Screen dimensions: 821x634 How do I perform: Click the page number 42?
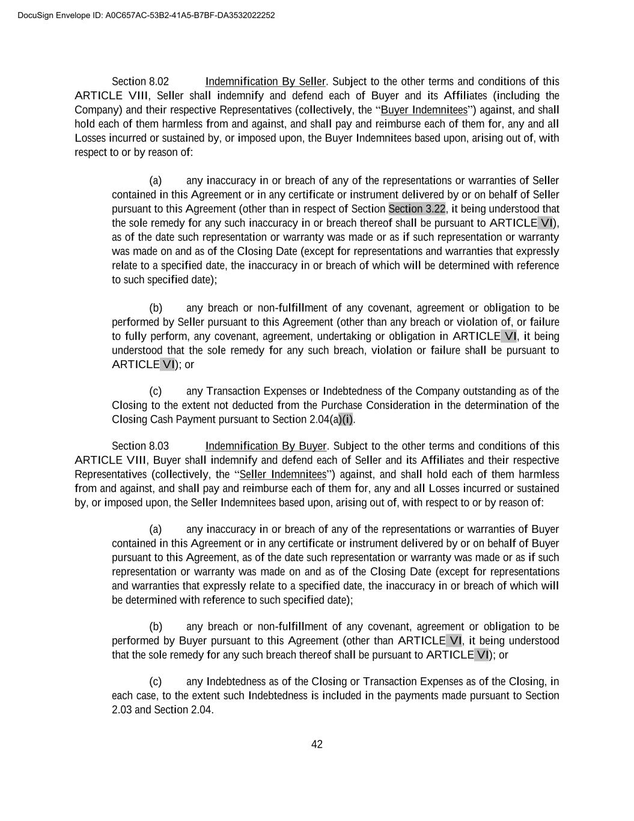(x=317, y=745)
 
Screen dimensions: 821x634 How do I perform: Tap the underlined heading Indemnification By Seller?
(x=266, y=82)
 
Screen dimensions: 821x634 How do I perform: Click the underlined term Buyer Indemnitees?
(x=424, y=110)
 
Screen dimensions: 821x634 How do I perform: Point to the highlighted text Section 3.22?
(x=417, y=209)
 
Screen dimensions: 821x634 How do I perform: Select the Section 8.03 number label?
(x=140, y=446)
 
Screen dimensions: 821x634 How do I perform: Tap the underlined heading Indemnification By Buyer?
(x=266, y=446)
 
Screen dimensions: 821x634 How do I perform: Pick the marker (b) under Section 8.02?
(x=156, y=308)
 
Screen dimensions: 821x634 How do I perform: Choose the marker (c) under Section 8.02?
(x=156, y=392)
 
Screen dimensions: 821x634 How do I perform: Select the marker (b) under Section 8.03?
(x=156, y=627)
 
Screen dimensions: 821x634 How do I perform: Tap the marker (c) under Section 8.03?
(x=156, y=681)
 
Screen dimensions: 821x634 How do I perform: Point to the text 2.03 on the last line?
(x=122, y=710)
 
